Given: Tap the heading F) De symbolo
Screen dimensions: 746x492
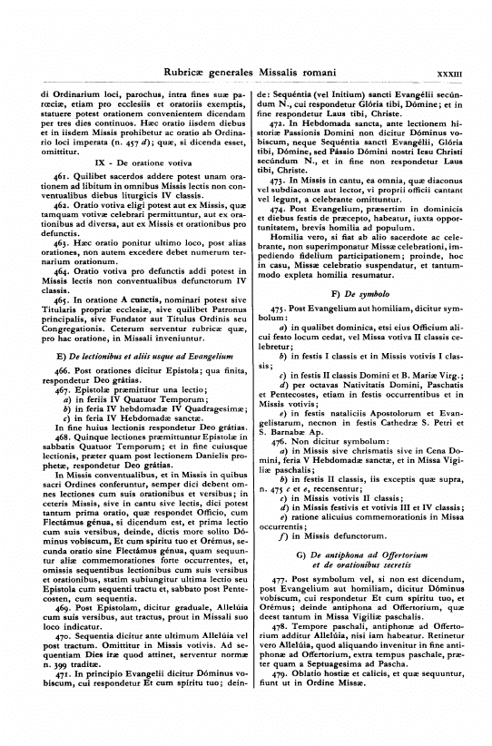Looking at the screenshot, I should tap(349, 294).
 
